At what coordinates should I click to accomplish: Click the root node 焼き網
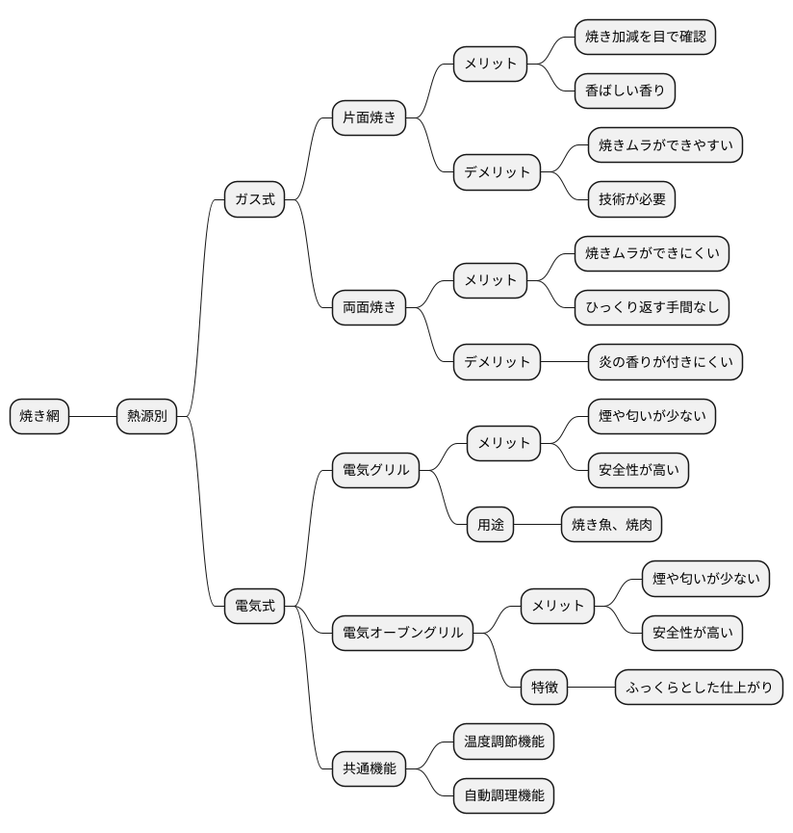pyautogui.click(x=39, y=416)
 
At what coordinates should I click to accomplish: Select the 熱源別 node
pyautogui.click(x=146, y=416)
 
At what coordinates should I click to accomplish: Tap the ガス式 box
pyautogui.click(x=254, y=199)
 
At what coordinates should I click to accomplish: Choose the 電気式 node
pyautogui.click(x=254, y=606)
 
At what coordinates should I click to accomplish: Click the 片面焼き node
pyautogui.click(x=369, y=118)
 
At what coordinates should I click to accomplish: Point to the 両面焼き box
pyautogui.click(x=369, y=308)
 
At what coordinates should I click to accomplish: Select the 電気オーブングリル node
pyautogui.click(x=402, y=633)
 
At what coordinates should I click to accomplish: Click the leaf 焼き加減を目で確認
pyautogui.click(x=645, y=38)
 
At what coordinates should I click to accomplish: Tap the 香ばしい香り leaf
pyautogui.click(x=625, y=91)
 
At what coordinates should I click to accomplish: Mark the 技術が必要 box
pyautogui.click(x=631, y=199)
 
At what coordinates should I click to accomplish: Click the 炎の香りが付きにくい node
pyautogui.click(x=665, y=362)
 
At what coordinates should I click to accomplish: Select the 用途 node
pyautogui.click(x=490, y=525)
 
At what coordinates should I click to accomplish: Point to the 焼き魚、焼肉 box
pyautogui.click(x=611, y=525)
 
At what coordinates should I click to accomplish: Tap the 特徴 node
pyautogui.click(x=544, y=688)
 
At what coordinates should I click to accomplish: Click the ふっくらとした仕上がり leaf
pyautogui.click(x=699, y=688)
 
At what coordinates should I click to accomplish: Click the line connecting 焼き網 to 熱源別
pyautogui.click(x=92, y=416)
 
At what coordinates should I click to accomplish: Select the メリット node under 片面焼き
pyautogui.click(x=490, y=65)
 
